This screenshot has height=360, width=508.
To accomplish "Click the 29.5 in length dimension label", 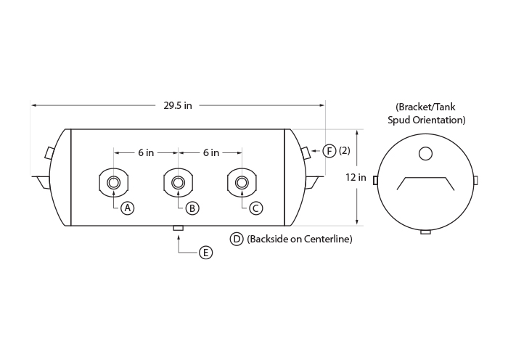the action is coord(178,105).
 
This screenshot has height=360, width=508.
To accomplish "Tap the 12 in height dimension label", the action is coord(356,177).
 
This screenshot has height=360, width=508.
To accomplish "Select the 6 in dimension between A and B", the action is coord(146,152).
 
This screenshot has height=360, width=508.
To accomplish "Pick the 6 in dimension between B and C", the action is coord(211,152).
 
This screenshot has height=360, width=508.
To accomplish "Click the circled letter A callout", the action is coord(127,208).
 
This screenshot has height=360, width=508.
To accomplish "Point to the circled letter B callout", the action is coord(192,208).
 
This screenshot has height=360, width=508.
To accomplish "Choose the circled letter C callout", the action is coord(255,208).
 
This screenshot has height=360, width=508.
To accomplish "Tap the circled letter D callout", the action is coord(237,239).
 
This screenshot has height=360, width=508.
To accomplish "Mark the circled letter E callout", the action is coord(205,253).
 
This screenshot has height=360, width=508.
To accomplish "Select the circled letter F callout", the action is coord(329,151).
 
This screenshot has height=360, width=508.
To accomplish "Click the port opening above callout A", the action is coord(113,183).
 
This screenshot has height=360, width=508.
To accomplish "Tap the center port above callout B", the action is coord(178,183).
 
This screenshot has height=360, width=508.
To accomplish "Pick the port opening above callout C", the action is coord(242,183).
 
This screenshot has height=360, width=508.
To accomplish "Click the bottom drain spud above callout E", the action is coord(179,228).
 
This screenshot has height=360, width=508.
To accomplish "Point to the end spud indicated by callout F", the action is coord(306,152).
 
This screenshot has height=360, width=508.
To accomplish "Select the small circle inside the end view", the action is coord(425,154).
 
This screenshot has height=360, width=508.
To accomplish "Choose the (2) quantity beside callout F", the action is coord(345,151).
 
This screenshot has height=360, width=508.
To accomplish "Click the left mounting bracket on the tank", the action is coord(41,181).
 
